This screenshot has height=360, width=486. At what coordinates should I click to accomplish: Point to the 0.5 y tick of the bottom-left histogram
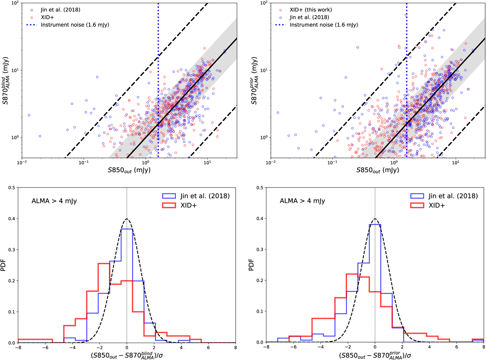click(x=13, y=188)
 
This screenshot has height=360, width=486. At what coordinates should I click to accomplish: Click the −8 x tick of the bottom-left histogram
click(x=18, y=347)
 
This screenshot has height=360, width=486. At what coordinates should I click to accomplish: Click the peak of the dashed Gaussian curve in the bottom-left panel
click(x=127, y=219)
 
